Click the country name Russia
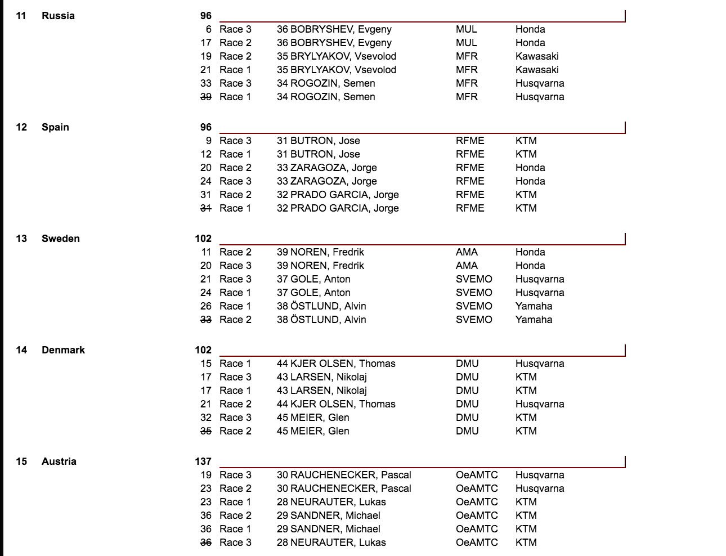tap(58, 16)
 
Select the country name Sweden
tap(61, 239)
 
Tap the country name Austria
tap(59, 461)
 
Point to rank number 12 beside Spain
tap(21, 127)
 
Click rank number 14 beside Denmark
tap(21, 350)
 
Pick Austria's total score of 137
tap(203, 461)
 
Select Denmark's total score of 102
tap(203, 350)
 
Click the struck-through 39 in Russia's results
tap(206, 97)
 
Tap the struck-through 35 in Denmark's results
tap(206, 431)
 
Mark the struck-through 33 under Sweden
tap(206, 320)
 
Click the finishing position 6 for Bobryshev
tap(209, 29)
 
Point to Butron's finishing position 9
tap(209, 141)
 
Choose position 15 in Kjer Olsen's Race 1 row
tap(206, 364)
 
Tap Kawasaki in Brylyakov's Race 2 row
tap(537, 56)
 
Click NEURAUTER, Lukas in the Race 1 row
tap(338, 502)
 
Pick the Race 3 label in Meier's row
tap(235, 418)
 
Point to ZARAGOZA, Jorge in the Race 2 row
tap(334, 168)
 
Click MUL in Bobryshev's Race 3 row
tap(466, 29)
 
